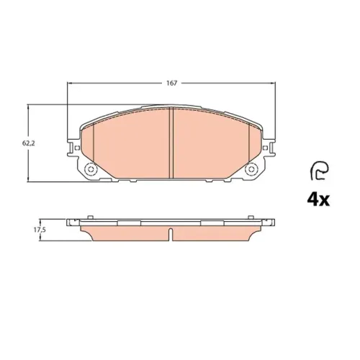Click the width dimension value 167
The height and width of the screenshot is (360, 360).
coord(172,84)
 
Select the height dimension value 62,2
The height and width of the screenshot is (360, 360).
coord(29,143)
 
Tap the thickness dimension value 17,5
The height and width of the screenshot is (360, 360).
coord(40,230)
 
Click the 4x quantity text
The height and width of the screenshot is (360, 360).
coord(318,199)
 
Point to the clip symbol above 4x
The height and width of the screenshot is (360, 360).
coord(319,171)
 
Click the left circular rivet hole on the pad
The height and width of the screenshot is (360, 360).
coord(91,169)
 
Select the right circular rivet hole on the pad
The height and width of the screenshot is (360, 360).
coord(251,169)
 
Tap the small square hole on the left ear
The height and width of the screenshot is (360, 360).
coord(77,148)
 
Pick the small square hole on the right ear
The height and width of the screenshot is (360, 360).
coord(265,148)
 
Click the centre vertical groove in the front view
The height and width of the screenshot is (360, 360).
coord(171,143)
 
